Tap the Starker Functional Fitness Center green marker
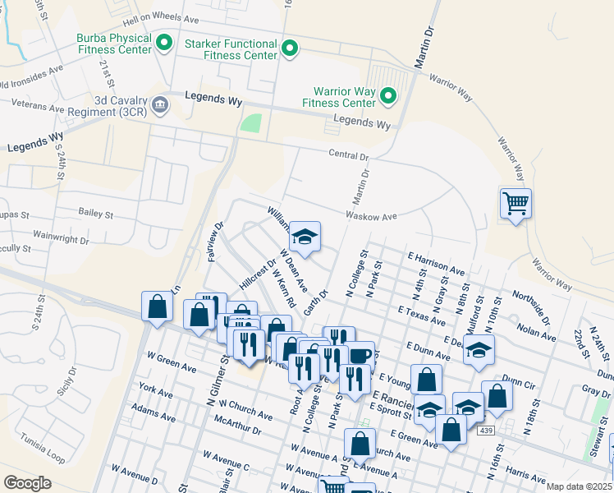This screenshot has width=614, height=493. pos(289,49)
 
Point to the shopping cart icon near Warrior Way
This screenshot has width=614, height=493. pos(515,203)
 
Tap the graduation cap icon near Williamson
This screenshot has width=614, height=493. pos(305,237)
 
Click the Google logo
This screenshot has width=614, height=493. pos(28,483)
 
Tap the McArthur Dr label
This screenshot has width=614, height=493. pos(236,429)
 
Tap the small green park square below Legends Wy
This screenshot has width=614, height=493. pos(250,124)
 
